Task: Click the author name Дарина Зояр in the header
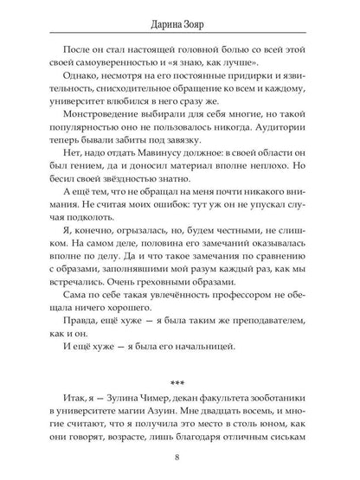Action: tap(180, 14)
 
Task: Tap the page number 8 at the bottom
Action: tap(180, 457)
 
